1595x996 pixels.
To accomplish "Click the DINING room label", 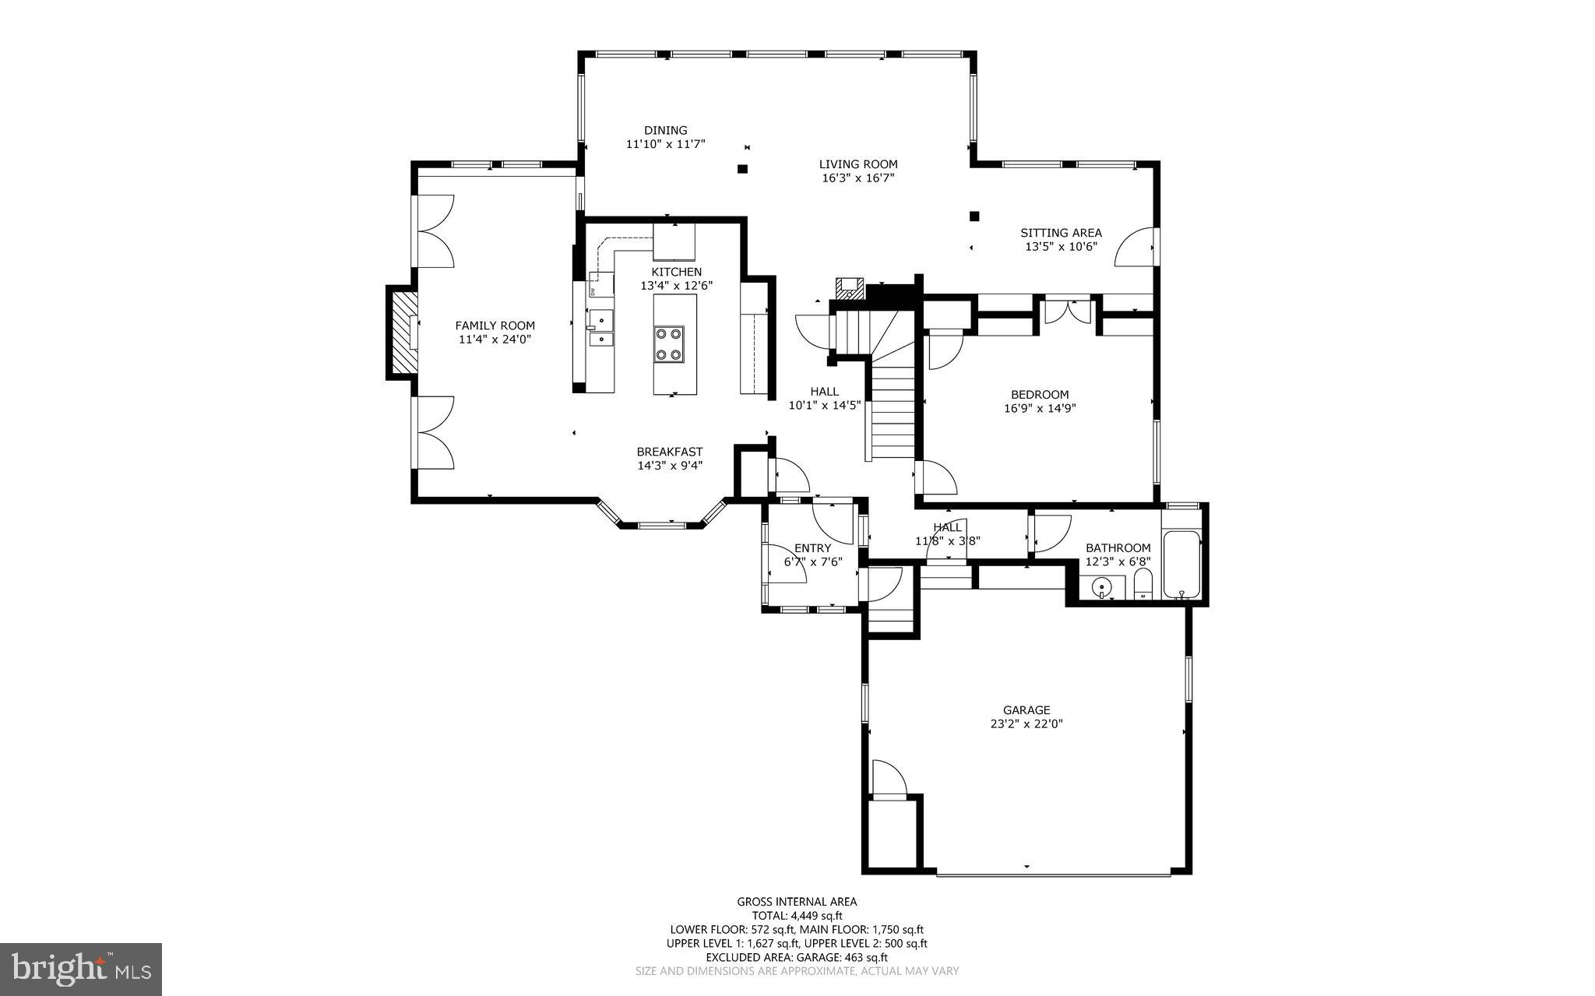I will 665,130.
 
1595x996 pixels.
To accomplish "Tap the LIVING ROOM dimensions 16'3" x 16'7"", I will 857,178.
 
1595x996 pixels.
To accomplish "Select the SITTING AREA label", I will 1061,233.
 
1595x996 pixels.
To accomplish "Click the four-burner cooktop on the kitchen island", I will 669,343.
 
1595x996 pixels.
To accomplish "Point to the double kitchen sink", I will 600,328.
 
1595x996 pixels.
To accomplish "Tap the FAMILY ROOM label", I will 495,326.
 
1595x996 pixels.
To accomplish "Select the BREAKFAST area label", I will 669,452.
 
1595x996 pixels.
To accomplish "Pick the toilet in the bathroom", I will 1143,584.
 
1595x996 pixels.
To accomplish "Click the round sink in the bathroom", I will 1102,587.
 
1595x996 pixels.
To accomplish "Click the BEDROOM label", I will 1040,394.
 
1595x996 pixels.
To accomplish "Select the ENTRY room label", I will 812,548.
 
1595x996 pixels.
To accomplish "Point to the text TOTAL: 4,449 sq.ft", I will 797,916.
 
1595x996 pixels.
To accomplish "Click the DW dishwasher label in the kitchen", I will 592,292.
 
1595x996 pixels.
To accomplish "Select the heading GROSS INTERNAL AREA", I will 797,902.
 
